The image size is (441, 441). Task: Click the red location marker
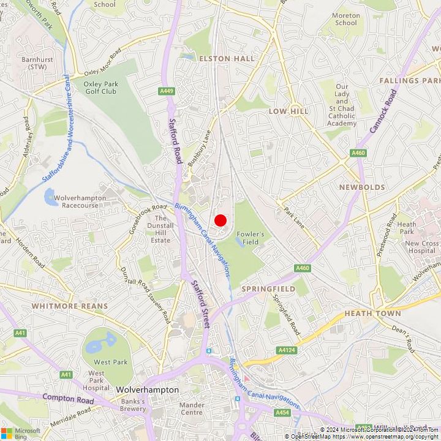(x=221, y=221)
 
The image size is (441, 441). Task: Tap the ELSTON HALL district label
(x=226, y=58)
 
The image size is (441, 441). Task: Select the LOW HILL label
(x=288, y=111)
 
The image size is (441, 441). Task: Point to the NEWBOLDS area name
(x=362, y=187)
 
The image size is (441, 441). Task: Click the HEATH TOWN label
(x=372, y=313)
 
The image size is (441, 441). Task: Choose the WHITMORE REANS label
(x=69, y=306)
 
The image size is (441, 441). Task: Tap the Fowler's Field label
(x=251, y=238)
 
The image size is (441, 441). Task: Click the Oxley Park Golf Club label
(x=100, y=87)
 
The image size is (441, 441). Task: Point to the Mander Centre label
(x=192, y=409)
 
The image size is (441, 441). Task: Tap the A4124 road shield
(x=286, y=350)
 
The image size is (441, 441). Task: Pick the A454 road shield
(x=282, y=413)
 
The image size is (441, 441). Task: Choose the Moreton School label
(x=345, y=19)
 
